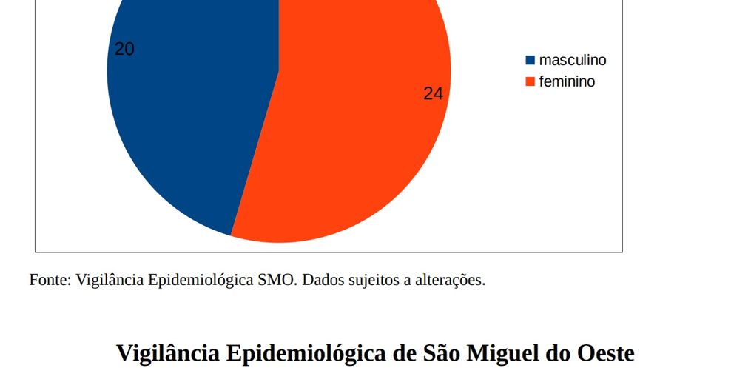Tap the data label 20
[x=124, y=50]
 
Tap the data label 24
[x=433, y=93]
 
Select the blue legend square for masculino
[x=530, y=60]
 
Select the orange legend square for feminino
[x=530, y=81]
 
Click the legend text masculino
[x=573, y=60]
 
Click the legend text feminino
[x=567, y=81]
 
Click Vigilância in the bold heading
[x=166, y=352]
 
